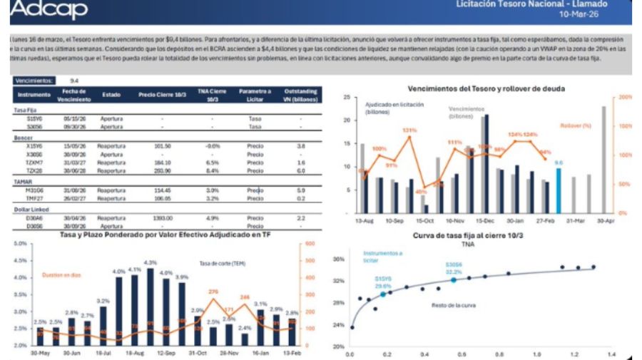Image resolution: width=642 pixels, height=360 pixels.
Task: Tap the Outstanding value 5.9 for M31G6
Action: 300,190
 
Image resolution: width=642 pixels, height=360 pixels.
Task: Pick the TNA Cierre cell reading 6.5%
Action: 212,162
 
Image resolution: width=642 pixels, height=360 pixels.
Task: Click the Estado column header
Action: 111,94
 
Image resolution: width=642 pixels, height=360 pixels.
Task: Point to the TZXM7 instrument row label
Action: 34,162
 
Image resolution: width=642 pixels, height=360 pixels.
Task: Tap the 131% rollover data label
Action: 409,130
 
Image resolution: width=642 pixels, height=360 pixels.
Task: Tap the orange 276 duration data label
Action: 213,292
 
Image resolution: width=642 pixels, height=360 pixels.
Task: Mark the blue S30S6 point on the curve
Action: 454,280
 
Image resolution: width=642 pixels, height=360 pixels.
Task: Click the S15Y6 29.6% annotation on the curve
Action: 384,283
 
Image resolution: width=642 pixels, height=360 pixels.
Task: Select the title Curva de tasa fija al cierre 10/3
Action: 468,235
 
